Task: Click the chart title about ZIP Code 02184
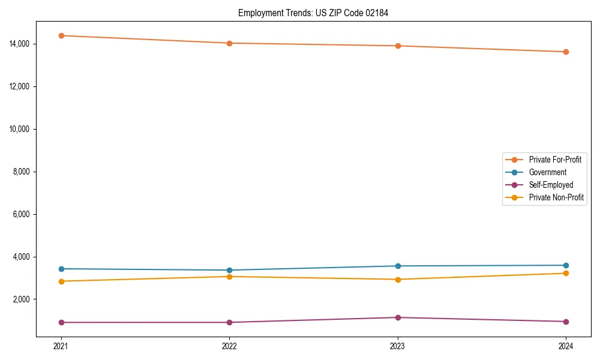tap(313, 13)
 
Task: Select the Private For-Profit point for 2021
tap(61, 35)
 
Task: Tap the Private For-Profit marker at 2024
tap(566, 52)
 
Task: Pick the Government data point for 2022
tap(229, 270)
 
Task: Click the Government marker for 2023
tap(398, 266)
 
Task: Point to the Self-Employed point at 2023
tap(398, 317)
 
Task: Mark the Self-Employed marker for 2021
tap(61, 322)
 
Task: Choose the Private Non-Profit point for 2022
tap(229, 277)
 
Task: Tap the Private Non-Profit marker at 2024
tap(566, 274)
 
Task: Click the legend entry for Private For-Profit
tap(555, 160)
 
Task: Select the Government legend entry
tap(547, 172)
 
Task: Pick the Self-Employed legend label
tap(551, 185)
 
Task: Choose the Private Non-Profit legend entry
tap(556, 197)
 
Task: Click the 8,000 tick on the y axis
tap(26, 172)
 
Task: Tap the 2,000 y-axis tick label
tap(26, 299)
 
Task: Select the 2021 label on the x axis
tap(61, 346)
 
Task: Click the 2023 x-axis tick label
tap(398, 346)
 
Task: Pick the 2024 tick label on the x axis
tap(566, 346)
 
